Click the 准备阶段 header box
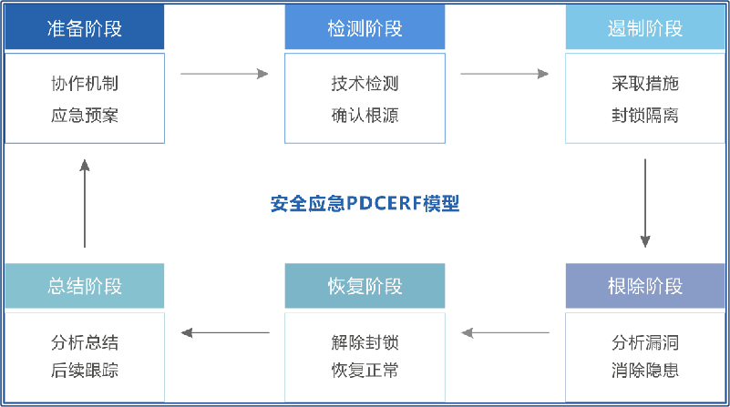85,28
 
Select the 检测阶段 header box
365,28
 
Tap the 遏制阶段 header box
645,28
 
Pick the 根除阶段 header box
645,287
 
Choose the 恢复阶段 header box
365,287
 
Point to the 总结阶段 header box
85,287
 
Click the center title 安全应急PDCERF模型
365,203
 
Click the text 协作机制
85,84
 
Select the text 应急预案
85,116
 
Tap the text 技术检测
365,84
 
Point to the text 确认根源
365,116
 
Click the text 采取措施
645,84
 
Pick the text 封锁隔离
645,116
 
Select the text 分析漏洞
645,343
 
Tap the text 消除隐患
645,371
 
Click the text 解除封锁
365,343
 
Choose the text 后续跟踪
85,371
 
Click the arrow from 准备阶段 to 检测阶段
224,74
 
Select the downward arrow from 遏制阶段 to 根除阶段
645,203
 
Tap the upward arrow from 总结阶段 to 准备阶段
85,203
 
